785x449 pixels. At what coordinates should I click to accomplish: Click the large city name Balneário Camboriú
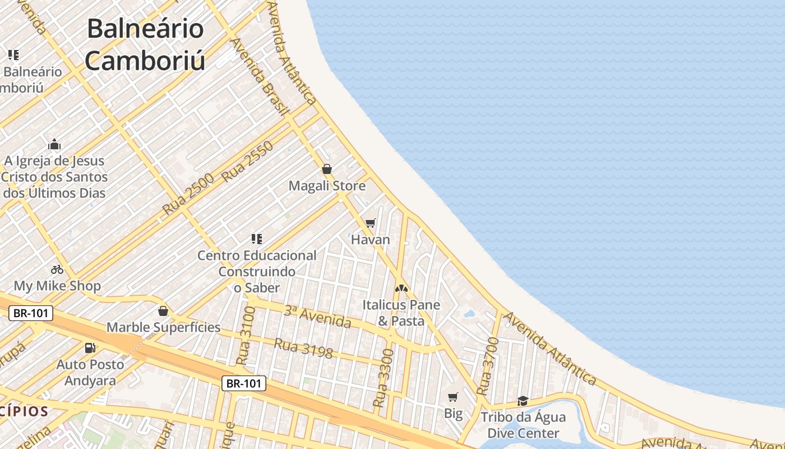(145, 44)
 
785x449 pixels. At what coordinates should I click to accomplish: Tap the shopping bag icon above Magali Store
(327, 169)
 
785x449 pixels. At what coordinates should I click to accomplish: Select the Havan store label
(370, 240)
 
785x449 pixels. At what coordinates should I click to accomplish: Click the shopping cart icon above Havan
(370, 223)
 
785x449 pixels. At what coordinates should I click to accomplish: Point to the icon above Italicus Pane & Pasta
(401, 288)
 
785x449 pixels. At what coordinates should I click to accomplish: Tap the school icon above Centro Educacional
(257, 239)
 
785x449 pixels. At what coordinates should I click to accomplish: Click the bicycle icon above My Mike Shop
(57, 269)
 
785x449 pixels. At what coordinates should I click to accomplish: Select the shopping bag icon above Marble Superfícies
(163, 311)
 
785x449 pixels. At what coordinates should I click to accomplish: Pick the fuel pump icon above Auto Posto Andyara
(90, 348)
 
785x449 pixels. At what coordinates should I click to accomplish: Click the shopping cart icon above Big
(453, 397)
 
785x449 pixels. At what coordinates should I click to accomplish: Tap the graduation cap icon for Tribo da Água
(523, 401)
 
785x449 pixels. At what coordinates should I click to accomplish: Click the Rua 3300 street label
(382, 378)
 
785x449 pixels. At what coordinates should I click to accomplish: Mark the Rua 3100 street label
(246, 336)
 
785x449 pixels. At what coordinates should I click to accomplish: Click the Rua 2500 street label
(188, 194)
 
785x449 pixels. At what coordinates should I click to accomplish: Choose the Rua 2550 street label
(247, 162)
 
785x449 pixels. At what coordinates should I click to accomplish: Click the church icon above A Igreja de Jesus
(54, 144)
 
